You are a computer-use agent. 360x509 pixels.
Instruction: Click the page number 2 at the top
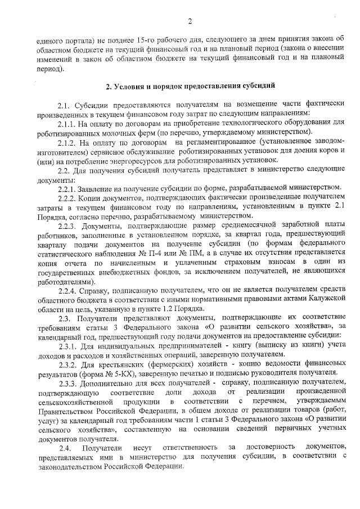(x=190, y=22)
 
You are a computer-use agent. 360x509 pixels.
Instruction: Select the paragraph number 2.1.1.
(x=66, y=122)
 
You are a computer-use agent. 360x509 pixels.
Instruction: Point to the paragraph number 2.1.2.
(x=66, y=143)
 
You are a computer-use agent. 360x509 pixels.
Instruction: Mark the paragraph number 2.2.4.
(x=66, y=291)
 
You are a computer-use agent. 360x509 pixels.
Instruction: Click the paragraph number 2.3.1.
(x=66, y=345)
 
